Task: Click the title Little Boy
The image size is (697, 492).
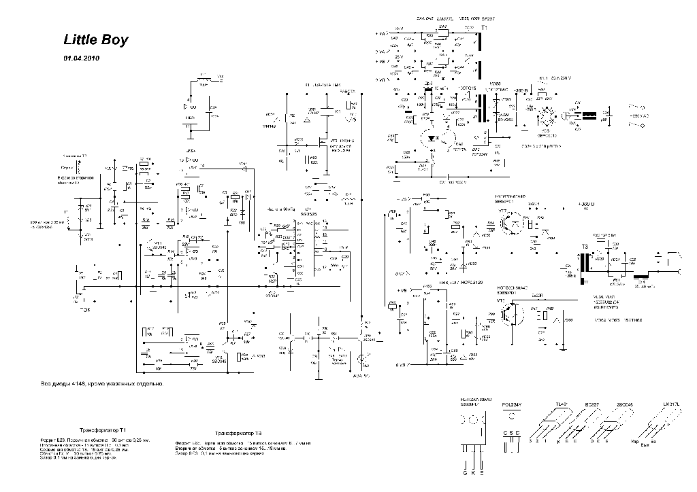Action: coord(95,40)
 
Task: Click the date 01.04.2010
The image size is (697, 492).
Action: coord(82,58)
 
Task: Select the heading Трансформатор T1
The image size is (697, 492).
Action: coord(103,431)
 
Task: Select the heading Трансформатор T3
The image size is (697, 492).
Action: coord(238,433)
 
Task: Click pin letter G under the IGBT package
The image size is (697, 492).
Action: coord(464,472)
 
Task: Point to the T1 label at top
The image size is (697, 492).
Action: coord(484,28)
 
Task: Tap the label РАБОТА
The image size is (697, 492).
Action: coord(346,91)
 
